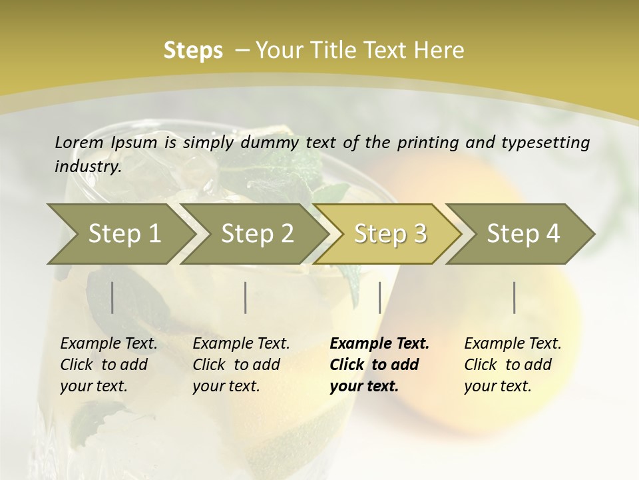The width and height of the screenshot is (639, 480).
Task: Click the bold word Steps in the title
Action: coord(193,51)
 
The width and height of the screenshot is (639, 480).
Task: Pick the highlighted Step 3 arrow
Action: coord(390,233)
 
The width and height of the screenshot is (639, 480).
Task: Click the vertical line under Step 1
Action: coord(112,297)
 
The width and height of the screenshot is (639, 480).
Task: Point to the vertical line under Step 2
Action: coord(246,297)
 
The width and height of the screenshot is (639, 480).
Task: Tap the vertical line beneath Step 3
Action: coord(379,297)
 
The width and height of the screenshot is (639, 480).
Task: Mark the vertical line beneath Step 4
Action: coord(515,297)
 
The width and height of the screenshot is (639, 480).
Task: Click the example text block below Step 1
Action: coord(108,365)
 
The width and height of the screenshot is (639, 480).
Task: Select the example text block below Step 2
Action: coord(241,365)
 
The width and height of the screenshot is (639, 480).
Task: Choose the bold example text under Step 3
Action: coord(379,365)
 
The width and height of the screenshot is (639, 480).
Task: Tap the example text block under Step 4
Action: coord(513,365)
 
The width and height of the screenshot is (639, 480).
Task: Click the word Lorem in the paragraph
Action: coord(79,142)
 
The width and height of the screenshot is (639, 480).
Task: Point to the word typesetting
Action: coord(552,142)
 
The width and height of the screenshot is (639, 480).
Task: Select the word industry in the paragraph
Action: coord(88,167)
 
